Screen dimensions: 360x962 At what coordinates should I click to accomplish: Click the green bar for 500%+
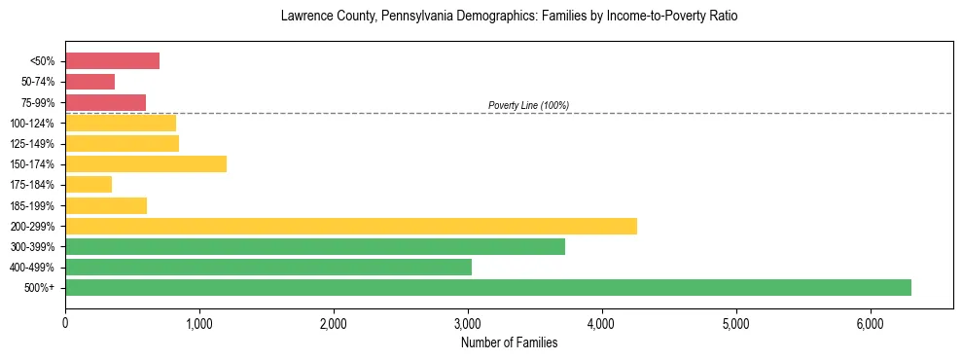pyautogui.click(x=487, y=287)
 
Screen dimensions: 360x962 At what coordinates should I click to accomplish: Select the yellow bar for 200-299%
pyautogui.click(x=351, y=226)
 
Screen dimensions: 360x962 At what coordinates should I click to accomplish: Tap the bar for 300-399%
pyautogui.click(x=315, y=246)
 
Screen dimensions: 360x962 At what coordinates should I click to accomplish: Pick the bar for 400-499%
pyautogui.click(x=268, y=267)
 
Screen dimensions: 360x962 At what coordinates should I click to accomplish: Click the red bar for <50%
pyautogui.click(x=112, y=61)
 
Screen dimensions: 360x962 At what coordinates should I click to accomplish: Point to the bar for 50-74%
pyautogui.click(x=89, y=82)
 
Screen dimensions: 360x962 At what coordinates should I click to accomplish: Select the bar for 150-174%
pyautogui.click(x=146, y=163)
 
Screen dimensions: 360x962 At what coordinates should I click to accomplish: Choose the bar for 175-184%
pyautogui.click(x=89, y=184)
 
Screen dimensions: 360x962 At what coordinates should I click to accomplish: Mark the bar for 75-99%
pyautogui.click(x=105, y=102)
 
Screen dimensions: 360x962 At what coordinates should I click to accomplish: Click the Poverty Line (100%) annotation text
pyautogui.click(x=528, y=105)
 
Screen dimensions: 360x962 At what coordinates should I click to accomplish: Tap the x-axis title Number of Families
pyautogui.click(x=509, y=342)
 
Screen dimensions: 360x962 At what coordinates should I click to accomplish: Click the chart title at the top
pyautogui.click(x=509, y=17)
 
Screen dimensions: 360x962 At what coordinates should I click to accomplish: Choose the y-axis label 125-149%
pyautogui.click(x=32, y=144)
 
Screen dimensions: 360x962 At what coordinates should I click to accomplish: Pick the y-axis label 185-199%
pyautogui.click(x=32, y=205)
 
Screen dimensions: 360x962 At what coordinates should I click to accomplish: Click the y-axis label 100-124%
pyautogui.click(x=32, y=124)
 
